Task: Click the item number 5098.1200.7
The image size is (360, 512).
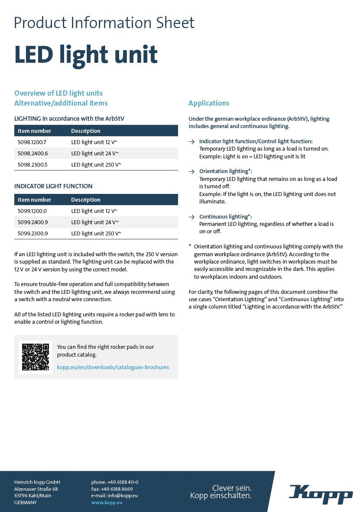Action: coord(32,142)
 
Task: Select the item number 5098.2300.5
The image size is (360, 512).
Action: coord(32,165)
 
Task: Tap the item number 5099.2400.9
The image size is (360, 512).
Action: coord(32,222)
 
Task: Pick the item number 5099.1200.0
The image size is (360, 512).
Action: coord(32,211)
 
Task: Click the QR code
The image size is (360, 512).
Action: coord(36,357)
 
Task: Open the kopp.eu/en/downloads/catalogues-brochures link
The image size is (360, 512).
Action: coord(113,367)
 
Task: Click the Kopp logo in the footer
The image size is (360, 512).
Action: coord(321,494)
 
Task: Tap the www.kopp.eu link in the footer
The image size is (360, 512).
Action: coord(107,502)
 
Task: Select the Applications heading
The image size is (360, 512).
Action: coord(209,103)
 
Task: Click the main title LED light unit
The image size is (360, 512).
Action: coord(86,55)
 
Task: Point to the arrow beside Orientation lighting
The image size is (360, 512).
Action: coord(191,171)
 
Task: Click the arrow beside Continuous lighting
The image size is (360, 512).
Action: coord(191,216)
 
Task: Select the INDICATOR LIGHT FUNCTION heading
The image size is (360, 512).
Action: coord(53,186)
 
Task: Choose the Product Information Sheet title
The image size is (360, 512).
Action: coord(104,23)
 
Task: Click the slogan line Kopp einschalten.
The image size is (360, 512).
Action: coord(221,496)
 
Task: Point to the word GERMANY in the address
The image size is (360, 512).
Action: coord(26,502)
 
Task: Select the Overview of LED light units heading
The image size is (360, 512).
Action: coord(58,93)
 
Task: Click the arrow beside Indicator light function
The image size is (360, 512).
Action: coord(191,142)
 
